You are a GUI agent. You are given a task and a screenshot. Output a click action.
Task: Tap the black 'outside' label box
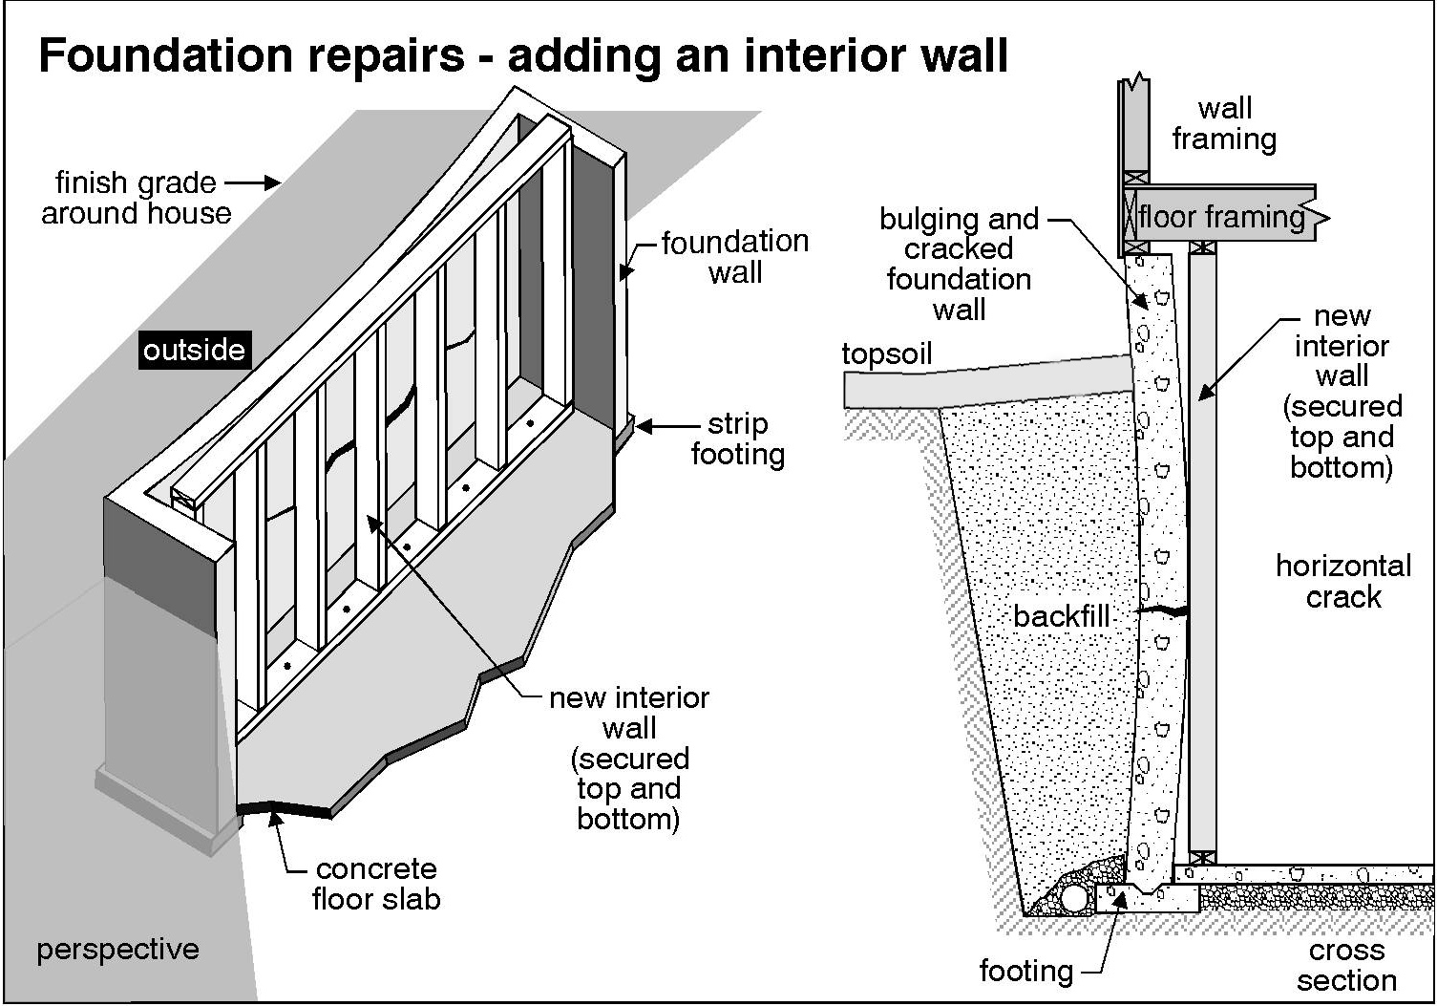(x=194, y=350)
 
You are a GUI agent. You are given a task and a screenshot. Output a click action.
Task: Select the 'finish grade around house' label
(x=136, y=198)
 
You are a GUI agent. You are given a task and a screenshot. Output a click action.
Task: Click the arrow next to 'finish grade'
(x=252, y=182)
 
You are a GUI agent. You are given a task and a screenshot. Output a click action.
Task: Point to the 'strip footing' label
(x=737, y=439)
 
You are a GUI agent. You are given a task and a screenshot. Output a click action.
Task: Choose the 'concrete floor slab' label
(x=375, y=884)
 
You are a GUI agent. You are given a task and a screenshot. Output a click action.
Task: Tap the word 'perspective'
(x=117, y=950)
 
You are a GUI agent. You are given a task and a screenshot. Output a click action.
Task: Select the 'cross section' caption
(x=1346, y=965)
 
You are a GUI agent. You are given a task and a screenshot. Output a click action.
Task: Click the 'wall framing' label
(x=1224, y=123)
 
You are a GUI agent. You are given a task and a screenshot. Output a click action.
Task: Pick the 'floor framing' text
(x=1220, y=218)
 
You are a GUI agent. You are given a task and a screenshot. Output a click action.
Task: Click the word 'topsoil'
(x=886, y=353)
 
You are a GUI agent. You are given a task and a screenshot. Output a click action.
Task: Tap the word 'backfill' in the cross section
(x=1061, y=616)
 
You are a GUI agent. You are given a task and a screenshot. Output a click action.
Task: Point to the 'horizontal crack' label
(x=1342, y=581)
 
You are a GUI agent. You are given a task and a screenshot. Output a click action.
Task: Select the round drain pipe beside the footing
(x=1075, y=898)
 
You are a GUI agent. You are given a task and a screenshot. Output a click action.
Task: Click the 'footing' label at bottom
(x=1025, y=971)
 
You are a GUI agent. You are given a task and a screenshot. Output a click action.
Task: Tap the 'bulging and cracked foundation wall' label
(x=959, y=264)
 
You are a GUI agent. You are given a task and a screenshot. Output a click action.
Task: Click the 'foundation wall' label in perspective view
(x=734, y=257)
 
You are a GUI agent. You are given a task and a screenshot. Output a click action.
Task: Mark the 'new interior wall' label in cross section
(x=1342, y=391)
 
